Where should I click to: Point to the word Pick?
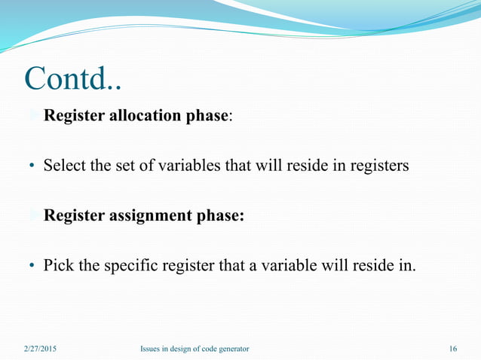point(57,265)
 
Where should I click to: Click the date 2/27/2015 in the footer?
point(39,349)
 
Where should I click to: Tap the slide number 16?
point(452,349)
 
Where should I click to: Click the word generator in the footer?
point(231,349)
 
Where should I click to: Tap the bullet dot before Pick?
point(32,266)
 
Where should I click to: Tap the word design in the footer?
point(182,349)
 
